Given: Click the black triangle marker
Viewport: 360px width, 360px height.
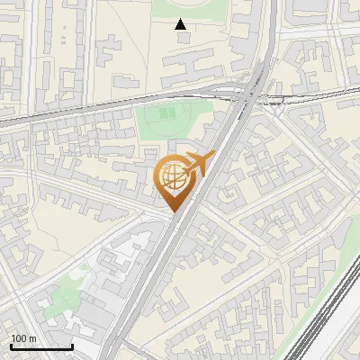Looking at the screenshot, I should pos(181,24).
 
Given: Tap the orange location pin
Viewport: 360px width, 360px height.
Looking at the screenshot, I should pos(173,180).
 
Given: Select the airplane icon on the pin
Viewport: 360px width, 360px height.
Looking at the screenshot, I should pos(194,165).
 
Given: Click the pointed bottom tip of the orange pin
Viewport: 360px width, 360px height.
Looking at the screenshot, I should pos(173,212).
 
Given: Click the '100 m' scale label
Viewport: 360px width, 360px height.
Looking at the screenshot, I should pos(23,337).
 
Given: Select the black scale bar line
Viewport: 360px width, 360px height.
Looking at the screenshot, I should pos(40,346).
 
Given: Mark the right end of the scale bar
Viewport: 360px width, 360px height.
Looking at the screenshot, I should pos(72,346).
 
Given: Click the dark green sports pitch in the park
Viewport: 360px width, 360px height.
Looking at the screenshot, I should pos(168,115).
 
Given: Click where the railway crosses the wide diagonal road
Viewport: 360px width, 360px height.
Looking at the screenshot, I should pos(250,93).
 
